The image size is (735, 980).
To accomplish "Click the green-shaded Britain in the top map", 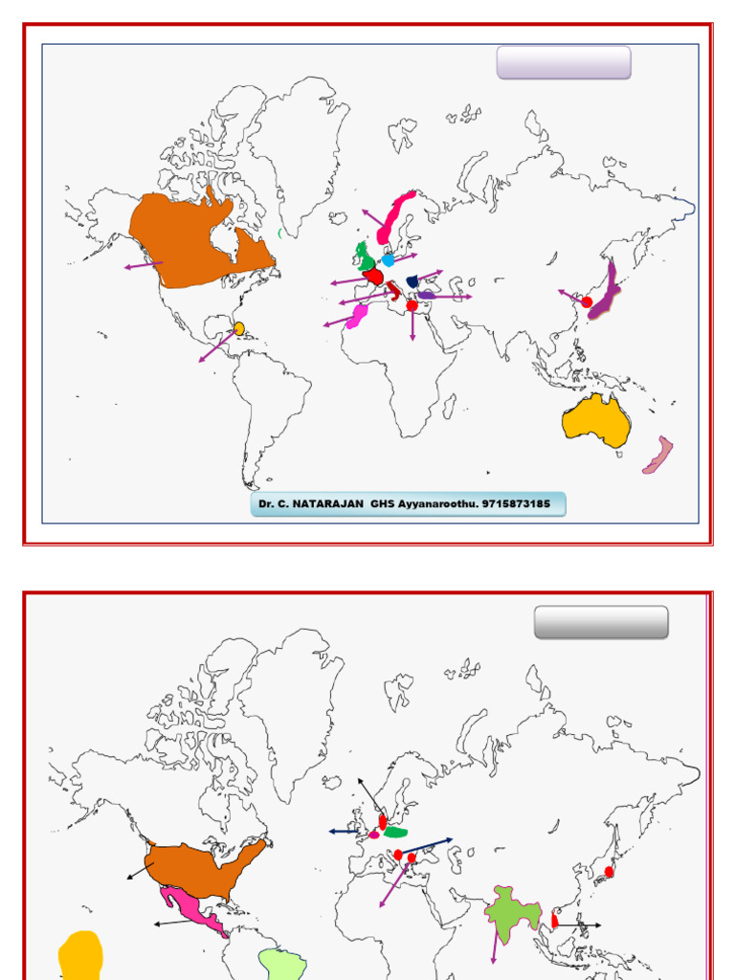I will [x=364, y=256].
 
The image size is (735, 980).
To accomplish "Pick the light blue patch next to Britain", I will [x=388, y=259].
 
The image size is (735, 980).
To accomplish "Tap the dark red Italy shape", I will [x=395, y=288].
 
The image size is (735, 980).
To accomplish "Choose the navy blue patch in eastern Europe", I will [x=412, y=281].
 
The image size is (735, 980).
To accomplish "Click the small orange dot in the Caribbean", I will [x=238, y=328].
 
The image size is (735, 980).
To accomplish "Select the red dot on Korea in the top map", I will [x=587, y=301].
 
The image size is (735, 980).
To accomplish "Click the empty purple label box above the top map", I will [x=564, y=62].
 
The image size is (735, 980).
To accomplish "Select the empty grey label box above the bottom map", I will [x=601, y=622].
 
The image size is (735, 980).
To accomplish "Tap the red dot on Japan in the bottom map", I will [x=609, y=872].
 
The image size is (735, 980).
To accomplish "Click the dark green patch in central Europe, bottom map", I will [x=395, y=832].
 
